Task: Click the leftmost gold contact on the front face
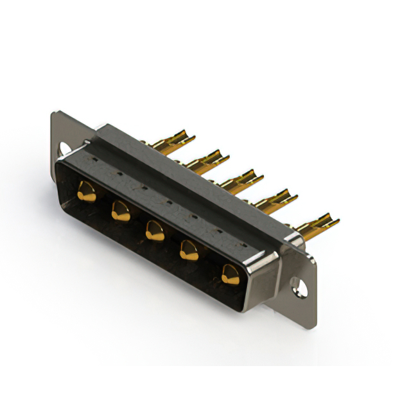click(x=86, y=191)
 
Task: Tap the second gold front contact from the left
click(x=121, y=210)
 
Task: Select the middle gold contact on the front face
click(x=154, y=230)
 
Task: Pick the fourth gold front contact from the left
click(x=189, y=250)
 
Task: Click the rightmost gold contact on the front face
click(x=229, y=274)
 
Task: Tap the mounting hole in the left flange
click(x=64, y=149)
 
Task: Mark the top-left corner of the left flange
click(x=54, y=114)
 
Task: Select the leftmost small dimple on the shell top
click(x=94, y=157)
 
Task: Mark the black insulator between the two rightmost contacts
click(x=209, y=263)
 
